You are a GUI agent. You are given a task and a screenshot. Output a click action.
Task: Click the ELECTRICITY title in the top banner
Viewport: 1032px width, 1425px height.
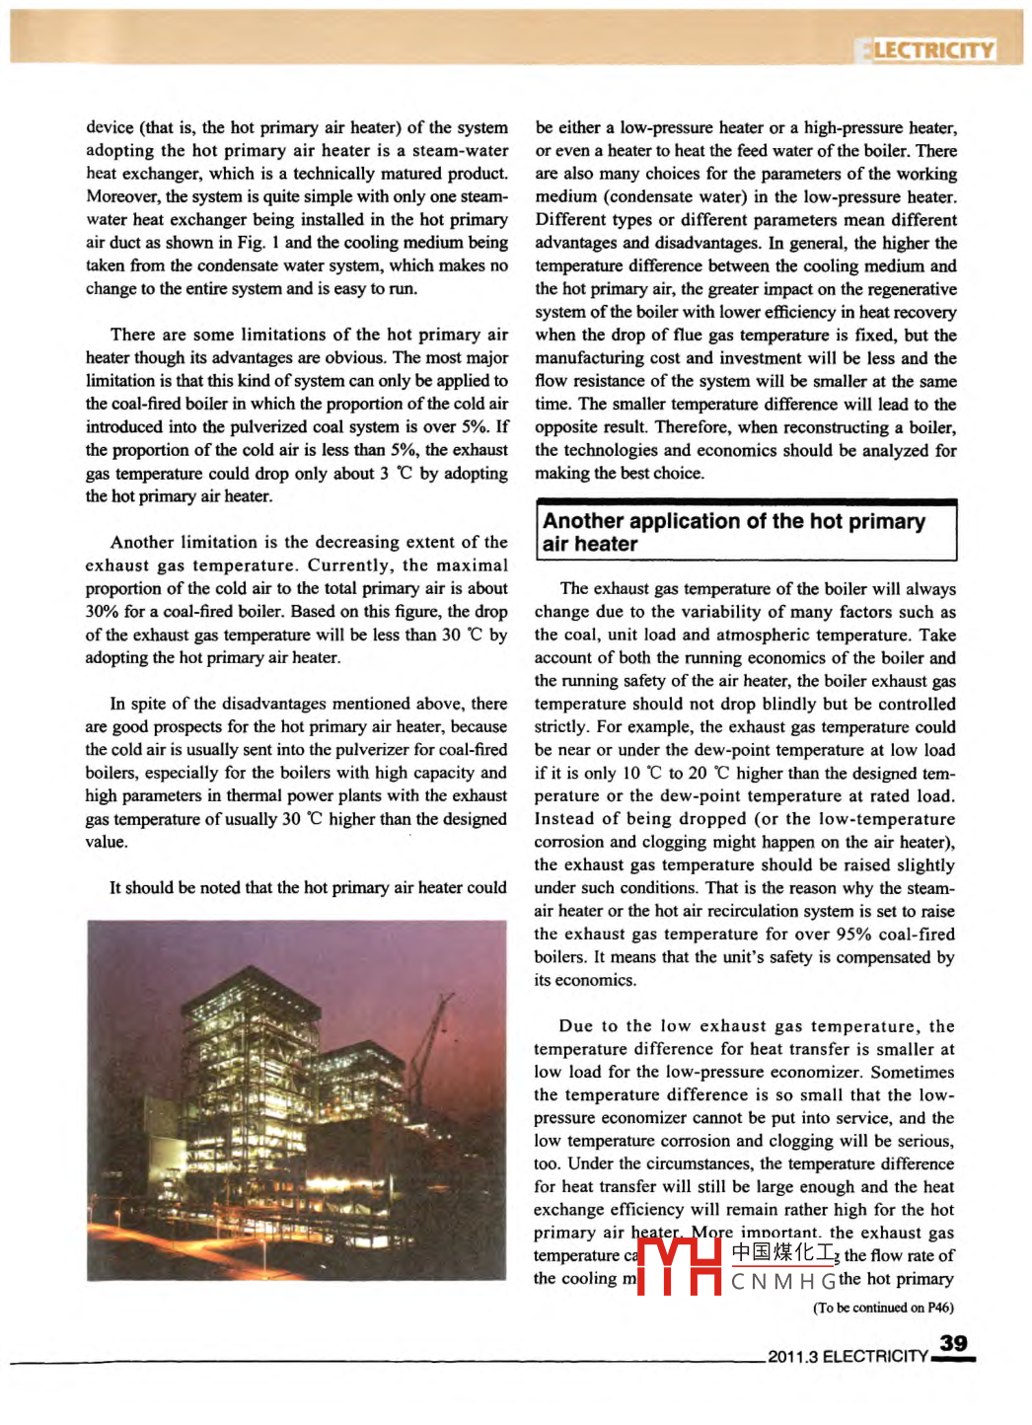tap(927, 50)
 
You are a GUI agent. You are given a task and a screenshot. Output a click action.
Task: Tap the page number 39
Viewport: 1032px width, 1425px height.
tap(953, 1343)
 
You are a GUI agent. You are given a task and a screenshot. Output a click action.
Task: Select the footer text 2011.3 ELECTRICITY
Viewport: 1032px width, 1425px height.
tap(848, 1357)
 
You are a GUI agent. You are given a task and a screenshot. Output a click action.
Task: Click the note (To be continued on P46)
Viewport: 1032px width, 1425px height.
tap(883, 1308)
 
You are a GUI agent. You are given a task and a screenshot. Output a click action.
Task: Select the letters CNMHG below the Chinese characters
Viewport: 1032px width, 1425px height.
tap(783, 1282)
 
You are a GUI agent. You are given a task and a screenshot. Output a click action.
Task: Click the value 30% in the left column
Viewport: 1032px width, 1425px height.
tap(101, 612)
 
